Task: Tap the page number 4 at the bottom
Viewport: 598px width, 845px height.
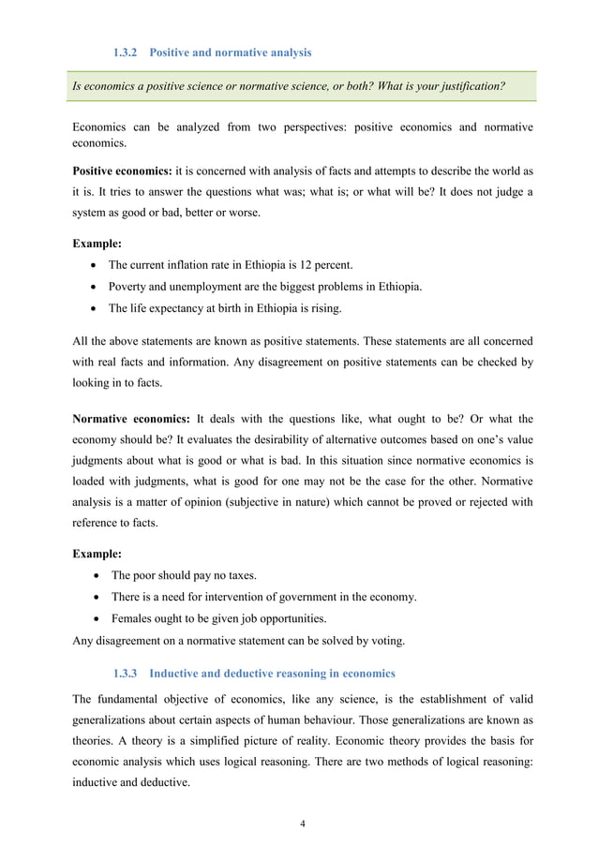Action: [x=302, y=823]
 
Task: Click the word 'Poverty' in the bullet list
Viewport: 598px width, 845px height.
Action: [x=130, y=286]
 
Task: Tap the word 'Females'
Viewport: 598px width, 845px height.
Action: [x=134, y=618]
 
